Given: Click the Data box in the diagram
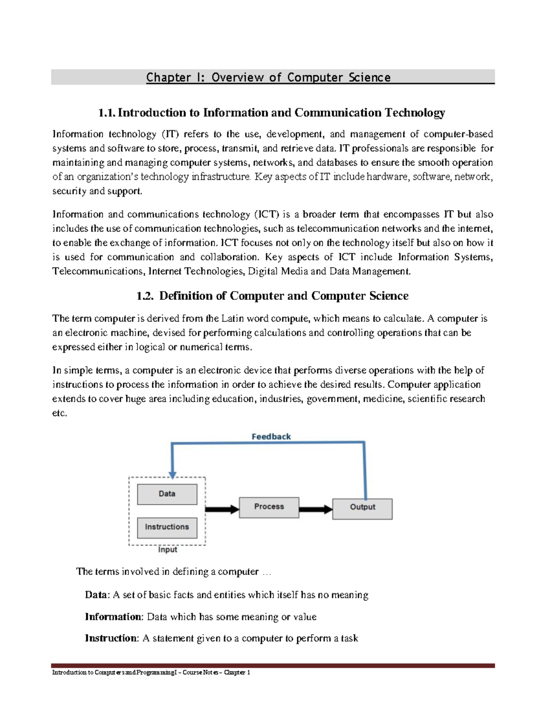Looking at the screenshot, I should pos(167,494).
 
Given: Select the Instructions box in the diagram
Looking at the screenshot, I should pos(167,528).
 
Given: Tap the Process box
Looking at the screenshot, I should pos(269,507).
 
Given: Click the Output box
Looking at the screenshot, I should pos(362,508).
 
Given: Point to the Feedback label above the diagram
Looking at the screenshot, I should pos(271,437).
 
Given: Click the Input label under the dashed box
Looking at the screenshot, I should pos(167,550).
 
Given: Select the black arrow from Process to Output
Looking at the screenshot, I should pos(316,509).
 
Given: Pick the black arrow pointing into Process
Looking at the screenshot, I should pos(222,509).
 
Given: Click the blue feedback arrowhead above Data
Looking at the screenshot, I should pos(173,475).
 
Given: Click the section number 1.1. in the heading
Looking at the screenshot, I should pos(107,113).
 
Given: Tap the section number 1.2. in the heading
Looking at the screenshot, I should pos(145,296).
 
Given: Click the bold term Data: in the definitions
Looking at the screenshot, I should pos(97,595).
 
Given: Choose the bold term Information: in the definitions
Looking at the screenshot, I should pos(114,617).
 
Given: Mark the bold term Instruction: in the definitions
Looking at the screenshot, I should pos(111,638).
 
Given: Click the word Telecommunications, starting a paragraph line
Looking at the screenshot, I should pos(99,271).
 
